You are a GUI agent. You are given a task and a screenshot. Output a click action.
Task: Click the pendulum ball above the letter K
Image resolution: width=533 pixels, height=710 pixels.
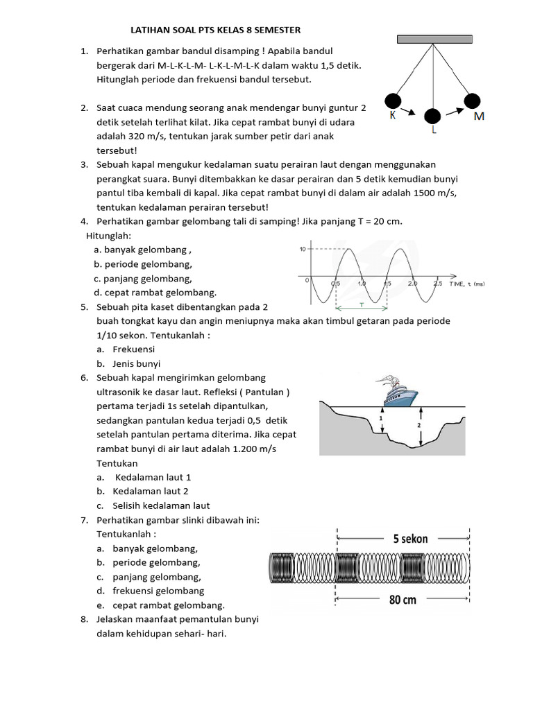(x=393, y=101)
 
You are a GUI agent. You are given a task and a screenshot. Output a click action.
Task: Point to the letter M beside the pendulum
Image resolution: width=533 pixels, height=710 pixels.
(x=479, y=116)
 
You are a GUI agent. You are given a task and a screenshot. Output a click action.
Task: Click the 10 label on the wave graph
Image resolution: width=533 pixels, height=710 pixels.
(x=302, y=249)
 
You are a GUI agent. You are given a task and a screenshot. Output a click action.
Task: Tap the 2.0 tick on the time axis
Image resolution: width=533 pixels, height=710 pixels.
(x=412, y=284)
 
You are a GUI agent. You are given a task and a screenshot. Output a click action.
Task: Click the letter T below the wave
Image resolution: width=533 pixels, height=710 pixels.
(x=362, y=304)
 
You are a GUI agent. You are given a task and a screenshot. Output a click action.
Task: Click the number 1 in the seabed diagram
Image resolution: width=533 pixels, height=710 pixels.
(x=381, y=419)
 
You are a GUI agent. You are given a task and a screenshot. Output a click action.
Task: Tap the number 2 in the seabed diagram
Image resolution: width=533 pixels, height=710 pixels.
(x=418, y=424)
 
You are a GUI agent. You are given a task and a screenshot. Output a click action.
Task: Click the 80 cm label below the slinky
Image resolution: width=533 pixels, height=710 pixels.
(x=403, y=600)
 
